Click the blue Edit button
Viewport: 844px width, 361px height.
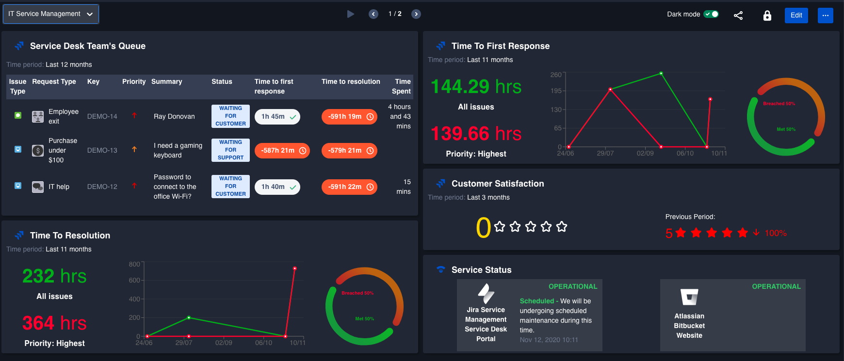coord(796,15)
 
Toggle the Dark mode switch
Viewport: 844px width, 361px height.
coord(711,14)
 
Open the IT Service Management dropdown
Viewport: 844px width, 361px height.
coord(51,14)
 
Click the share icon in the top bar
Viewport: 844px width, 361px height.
coord(738,16)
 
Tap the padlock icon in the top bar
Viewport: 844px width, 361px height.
coord(767,16)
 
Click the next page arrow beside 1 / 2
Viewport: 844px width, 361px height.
coord(416,14)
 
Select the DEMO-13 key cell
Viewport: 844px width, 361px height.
coord(102,150)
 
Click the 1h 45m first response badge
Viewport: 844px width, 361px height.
coord(277,117)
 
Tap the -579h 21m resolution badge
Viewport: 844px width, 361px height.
coord(349,151)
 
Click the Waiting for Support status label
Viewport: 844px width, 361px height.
coord(230,150)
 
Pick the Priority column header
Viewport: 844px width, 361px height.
coord(134,81)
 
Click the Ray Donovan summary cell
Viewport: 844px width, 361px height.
coord(174,117)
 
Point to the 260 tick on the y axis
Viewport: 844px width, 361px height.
coord(556,75)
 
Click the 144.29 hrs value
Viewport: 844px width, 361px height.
coord(476,87)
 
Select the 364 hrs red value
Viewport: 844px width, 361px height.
coord(54,323)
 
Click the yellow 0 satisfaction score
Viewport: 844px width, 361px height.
coord(483,227)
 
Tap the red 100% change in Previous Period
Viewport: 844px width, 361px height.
coord(775,233)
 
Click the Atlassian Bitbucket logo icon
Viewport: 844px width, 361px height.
coord(689,297)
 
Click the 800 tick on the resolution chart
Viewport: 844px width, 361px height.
coord(134,264)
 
